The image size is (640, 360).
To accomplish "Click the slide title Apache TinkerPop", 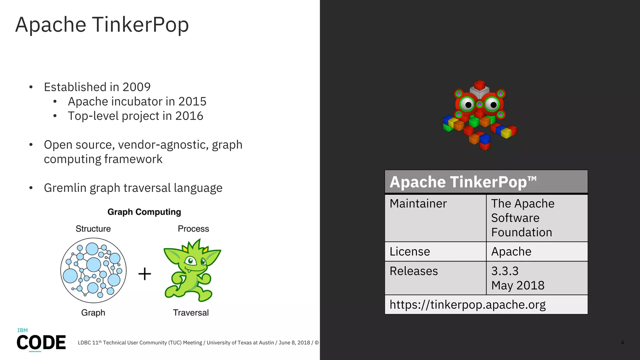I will click(102, 25).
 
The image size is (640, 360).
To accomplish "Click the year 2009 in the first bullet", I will click(136, 87).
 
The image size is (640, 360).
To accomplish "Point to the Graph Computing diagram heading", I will click(144, 212).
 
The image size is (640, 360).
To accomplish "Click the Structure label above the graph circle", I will click(93, 229).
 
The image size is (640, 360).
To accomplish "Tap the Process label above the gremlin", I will click(193, 229).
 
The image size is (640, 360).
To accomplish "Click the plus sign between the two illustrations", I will click(145, 274).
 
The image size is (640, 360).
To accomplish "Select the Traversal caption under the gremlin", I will click(191, 312).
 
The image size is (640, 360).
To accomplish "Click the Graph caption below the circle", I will click(93, 312).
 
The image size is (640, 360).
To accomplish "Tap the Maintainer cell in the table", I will click(418, 203).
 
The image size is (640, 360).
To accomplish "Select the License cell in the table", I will click(410, 252).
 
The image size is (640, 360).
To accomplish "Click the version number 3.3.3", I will click(505, 271).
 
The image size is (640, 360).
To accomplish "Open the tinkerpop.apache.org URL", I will click(467, 305).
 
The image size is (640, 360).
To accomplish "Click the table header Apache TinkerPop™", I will click(463, 182).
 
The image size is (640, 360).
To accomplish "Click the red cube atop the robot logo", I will click(479, 85).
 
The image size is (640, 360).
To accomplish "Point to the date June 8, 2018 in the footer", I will click(294, 342).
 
